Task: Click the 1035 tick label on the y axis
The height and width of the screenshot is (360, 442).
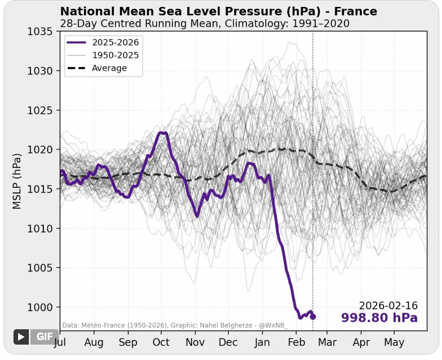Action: (x=41, y=31)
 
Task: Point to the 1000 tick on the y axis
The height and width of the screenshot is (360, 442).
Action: (x=41, y=307)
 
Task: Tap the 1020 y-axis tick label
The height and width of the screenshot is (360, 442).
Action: (x=41, y=150)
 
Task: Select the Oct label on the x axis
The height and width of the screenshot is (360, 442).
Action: (x=161, y=342)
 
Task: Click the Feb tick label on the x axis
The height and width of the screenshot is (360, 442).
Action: (x=296, y=342)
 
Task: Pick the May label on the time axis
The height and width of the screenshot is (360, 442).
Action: (x=394, y=342)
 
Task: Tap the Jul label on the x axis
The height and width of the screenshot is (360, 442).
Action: (x=60, y=342)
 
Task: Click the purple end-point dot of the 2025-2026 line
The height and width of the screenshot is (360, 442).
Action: (x=313, y=317)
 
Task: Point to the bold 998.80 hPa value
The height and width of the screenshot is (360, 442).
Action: (x=379, y=318)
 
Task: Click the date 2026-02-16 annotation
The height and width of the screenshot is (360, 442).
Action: (x=388, y=306)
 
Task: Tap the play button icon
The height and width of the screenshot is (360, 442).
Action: (x=21, y=337)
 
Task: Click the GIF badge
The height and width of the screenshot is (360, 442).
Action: (x=45, y=337)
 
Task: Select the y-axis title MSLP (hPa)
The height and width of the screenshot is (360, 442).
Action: (x=17, y=182)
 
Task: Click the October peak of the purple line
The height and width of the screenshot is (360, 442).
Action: (x=163, y=133)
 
